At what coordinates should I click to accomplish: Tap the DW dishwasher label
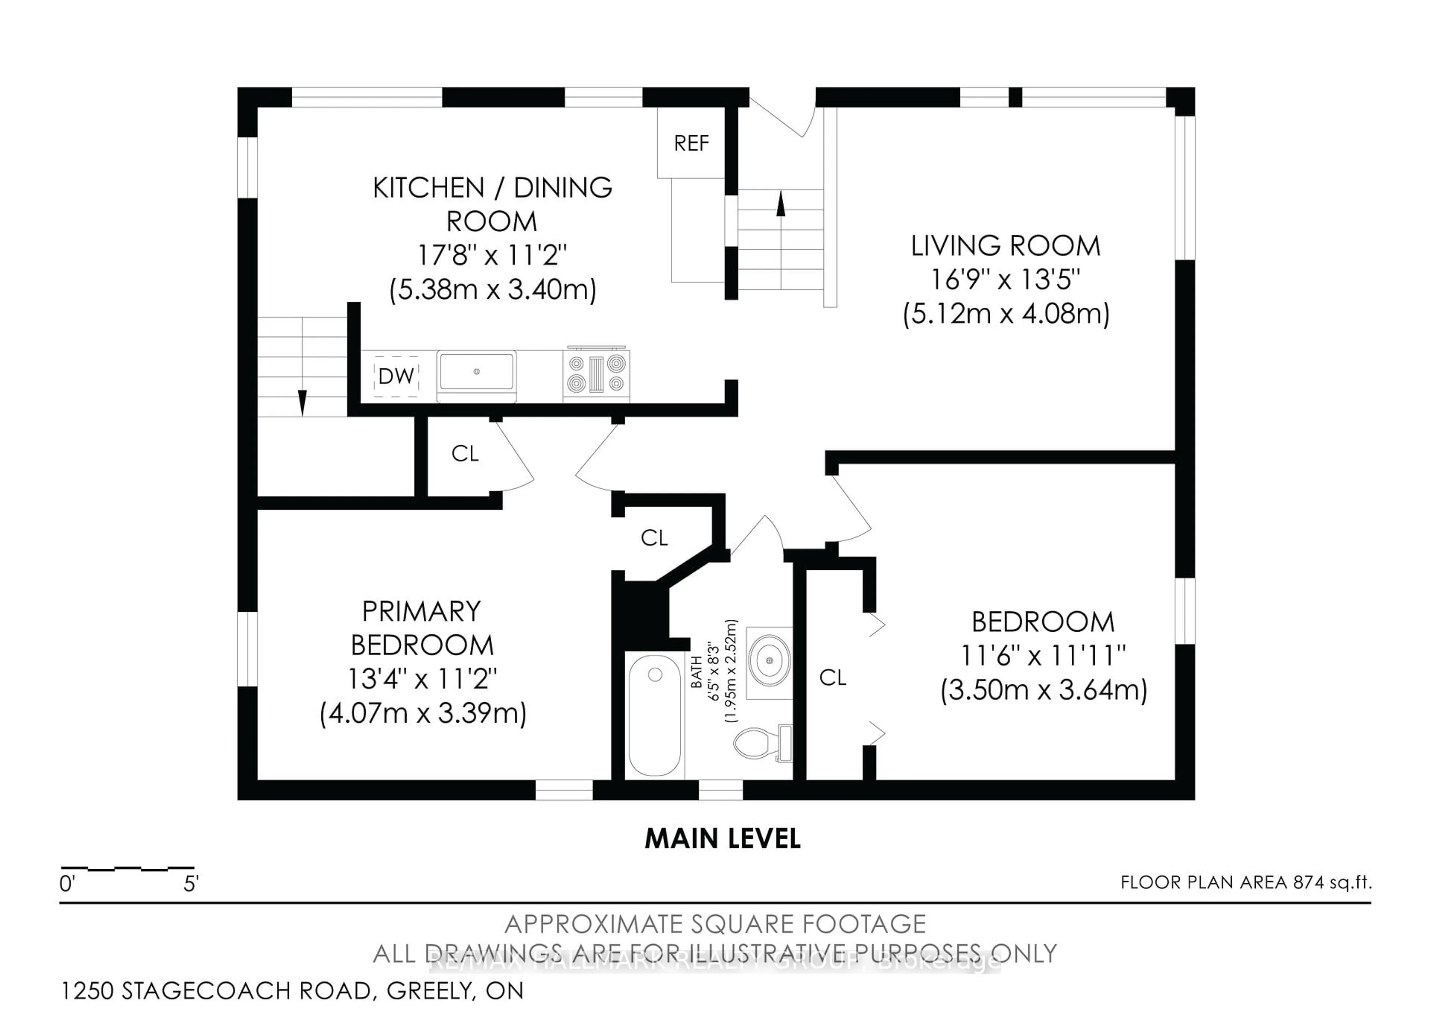pos(396,375)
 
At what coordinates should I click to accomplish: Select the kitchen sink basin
pos(476,372)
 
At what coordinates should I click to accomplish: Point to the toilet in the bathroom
pos(761,743)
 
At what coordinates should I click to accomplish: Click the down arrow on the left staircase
pos(303,402)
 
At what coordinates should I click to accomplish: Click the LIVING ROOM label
pos(1005,245)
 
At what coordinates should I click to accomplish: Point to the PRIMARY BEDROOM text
pos(422,628)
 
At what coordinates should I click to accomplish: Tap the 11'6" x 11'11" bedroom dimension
pos(1043,655)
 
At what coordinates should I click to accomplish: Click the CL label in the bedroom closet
pos(833,678)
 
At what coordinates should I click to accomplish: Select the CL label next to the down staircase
pos(465,453)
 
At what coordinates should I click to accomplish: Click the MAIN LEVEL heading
pos(722,839)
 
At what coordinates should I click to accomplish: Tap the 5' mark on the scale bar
pos(191,883)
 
